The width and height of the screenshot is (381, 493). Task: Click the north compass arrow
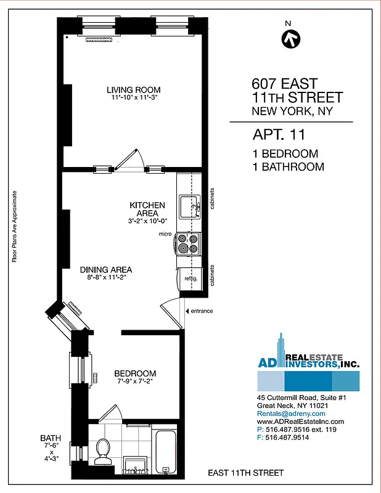[x=290, y=39]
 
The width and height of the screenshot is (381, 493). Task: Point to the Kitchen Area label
[x=147, y=209]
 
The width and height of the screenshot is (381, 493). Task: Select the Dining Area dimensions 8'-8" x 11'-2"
[x=105, y=278]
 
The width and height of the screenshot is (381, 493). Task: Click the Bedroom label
[x=135, y=373]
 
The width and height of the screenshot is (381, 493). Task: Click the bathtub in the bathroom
[x=166, y=452]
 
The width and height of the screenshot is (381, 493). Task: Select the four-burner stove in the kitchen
[x=189, y=243]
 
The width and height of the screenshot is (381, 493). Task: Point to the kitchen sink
[x=188, y=206]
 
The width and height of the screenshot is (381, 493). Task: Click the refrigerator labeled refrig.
[x=189, y=279]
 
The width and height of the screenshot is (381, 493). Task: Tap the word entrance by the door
[x=201, y=311]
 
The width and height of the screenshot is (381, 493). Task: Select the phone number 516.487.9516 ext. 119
[x=297, y=430]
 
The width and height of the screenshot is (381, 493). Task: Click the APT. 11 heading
[x=279, y=134]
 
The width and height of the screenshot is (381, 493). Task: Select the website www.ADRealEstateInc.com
[x=300, y=422]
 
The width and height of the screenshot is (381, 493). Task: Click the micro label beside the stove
[x=165, y=234]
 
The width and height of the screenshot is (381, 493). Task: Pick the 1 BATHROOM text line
[x=288, y=166]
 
